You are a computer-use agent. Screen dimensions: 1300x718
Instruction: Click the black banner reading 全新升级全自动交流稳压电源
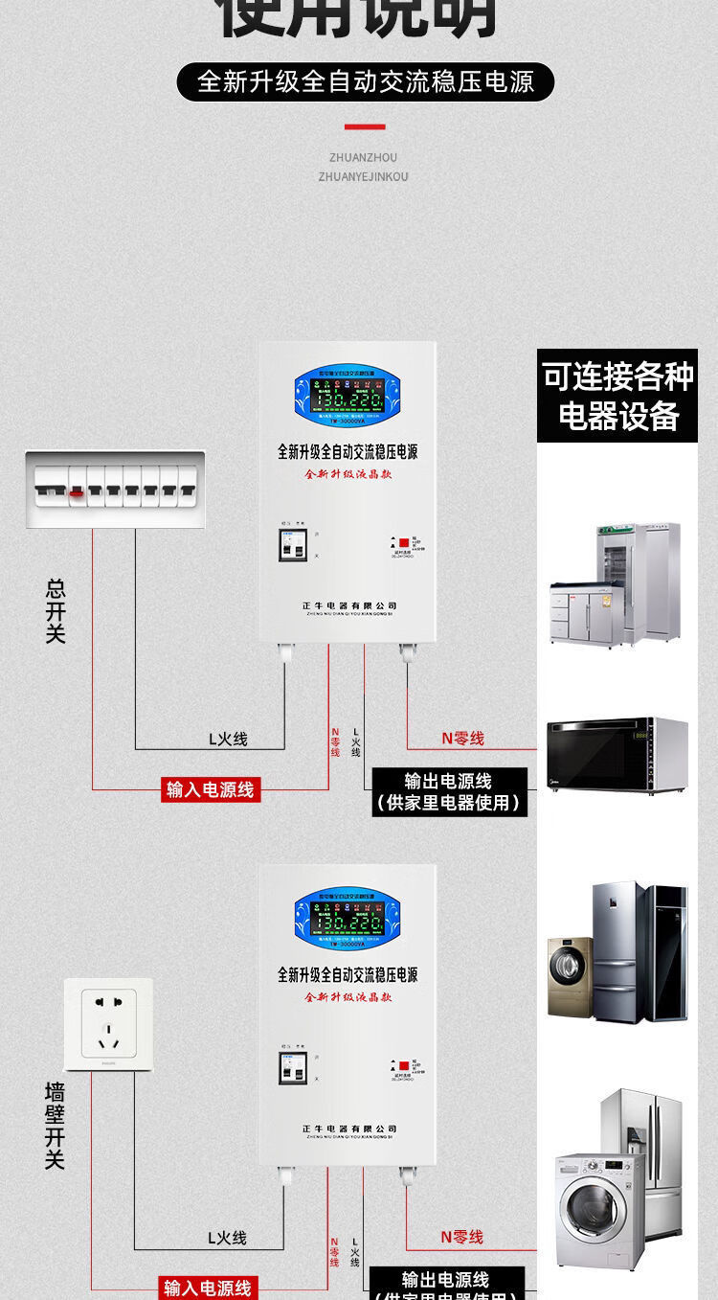point(365,82)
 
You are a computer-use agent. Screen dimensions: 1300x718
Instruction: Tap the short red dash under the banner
point(365,126)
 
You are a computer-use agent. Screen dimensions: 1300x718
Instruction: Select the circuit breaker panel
point(114,489)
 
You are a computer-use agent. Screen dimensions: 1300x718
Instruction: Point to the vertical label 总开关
point(56,609)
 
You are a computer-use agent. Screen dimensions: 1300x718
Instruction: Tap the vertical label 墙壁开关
point(55,1126)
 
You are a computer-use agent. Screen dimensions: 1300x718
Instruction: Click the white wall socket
point(108,1024)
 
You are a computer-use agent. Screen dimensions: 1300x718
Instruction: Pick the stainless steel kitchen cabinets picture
point(616,584)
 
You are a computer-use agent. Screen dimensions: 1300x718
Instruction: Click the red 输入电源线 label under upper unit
point(211,789)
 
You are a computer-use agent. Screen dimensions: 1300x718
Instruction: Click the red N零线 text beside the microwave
point(462,738)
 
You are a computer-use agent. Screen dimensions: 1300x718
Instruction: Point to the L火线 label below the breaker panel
point(228,739)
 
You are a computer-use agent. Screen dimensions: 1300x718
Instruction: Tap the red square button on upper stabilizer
point(403,542)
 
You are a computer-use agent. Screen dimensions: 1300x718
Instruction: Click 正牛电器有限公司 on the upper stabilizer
point(342,605)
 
